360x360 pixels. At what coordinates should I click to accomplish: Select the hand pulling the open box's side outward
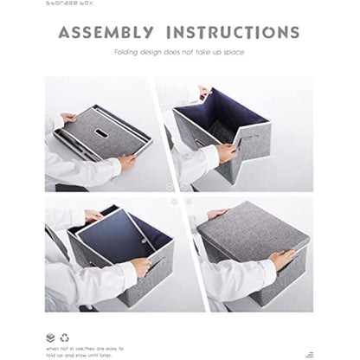tap(226, 152)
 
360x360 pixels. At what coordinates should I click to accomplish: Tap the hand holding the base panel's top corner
tap(93, 216)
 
